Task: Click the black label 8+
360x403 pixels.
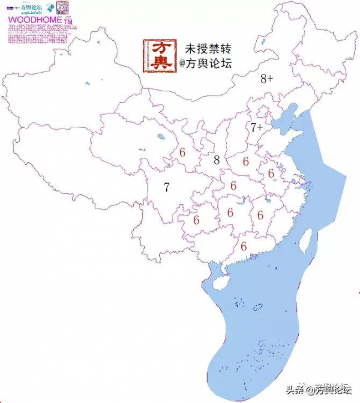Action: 267,79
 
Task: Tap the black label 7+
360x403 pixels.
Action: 257,127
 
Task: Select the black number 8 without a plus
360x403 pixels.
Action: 217,160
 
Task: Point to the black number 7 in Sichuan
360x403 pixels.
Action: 167,187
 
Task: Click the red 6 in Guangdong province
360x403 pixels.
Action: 244,246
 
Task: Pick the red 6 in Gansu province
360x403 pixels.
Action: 182,153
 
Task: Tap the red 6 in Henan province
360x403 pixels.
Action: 245,161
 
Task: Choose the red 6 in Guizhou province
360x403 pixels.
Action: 196,220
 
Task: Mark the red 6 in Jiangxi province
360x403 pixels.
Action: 260,214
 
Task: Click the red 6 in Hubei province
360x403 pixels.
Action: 233,186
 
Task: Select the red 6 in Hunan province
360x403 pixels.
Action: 230,212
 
